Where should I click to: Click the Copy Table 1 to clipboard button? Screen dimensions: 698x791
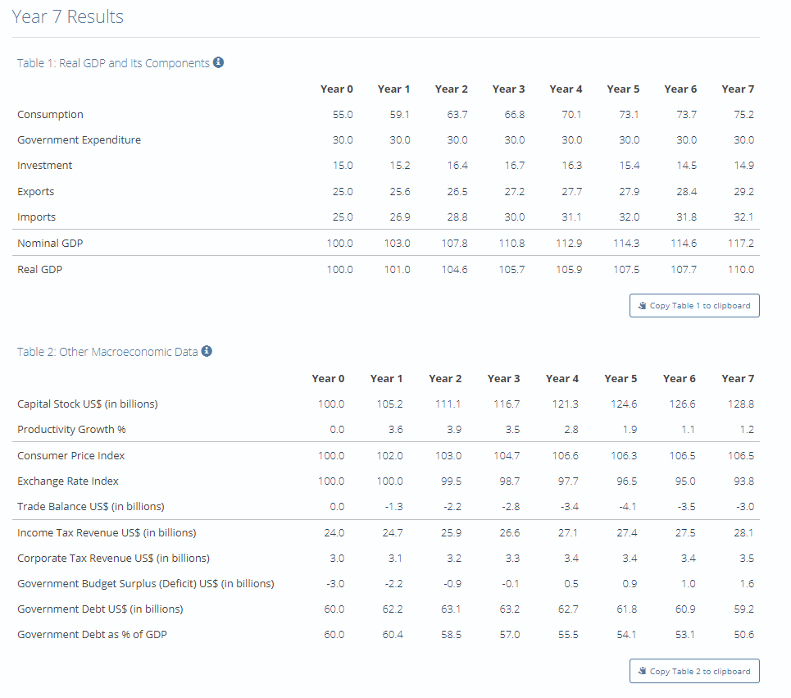click(694, 306)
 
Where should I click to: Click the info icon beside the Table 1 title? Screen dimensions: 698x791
click(219, 62)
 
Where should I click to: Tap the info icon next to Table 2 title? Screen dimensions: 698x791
click(207, 351)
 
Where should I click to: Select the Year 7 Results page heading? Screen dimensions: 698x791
click(68, 17)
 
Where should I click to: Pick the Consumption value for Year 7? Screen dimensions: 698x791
click(743, 115)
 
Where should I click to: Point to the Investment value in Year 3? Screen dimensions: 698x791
click(515, 166)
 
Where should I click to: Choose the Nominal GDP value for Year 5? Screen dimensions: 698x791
click(629, 244)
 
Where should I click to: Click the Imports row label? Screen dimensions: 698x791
click(36, 217)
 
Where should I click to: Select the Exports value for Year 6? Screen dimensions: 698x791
click(686, 192)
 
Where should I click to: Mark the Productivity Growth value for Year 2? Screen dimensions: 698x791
click(452, 430)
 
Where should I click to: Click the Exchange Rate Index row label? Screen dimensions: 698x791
click(67, 481)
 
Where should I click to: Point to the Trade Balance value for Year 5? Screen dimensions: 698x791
click(629, 507)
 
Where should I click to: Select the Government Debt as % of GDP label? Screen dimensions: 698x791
click(92, 635)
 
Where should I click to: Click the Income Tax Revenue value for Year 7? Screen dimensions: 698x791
click(743, 533)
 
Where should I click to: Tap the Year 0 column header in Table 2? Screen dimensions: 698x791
click(328, 379)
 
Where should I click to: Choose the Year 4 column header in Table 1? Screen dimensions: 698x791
click(566, 89)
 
